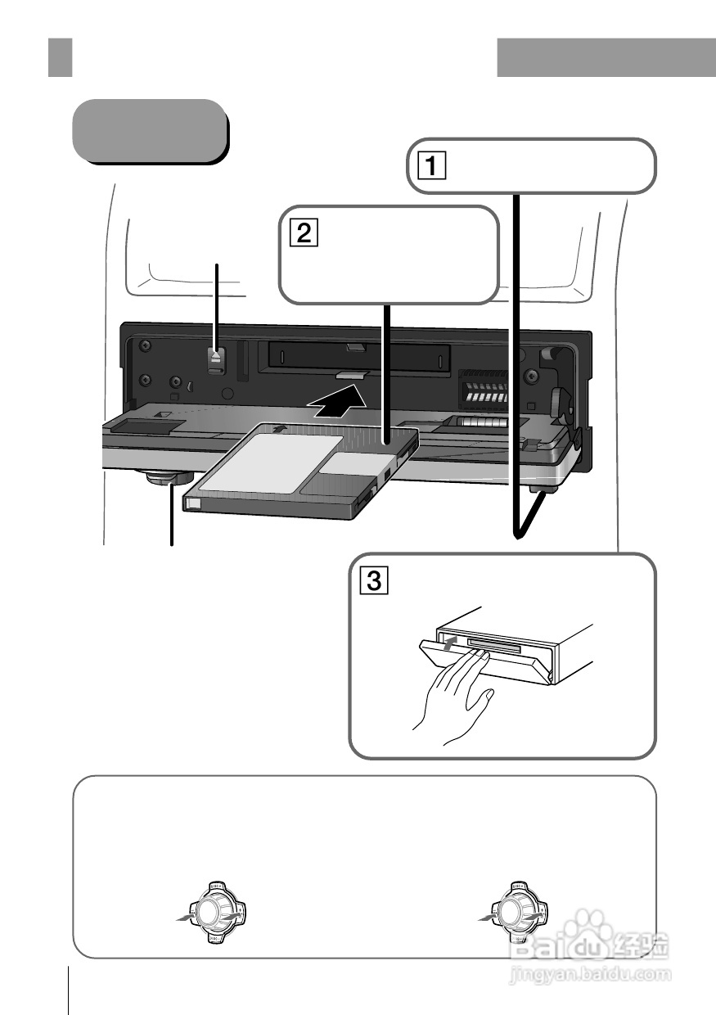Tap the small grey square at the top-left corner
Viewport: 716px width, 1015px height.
60,56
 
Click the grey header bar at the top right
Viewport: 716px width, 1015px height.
606,56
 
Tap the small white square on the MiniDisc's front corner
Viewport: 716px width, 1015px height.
193,505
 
